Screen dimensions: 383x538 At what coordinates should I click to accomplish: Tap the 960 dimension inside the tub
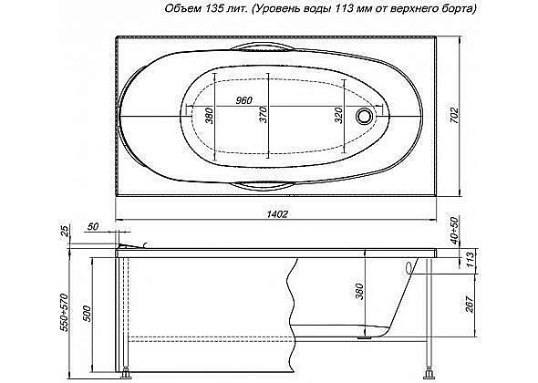click(243, 99)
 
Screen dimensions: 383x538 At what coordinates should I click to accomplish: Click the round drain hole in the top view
click(367, 116)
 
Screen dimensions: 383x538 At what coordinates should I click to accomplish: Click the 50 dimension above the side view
click(93, 225)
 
